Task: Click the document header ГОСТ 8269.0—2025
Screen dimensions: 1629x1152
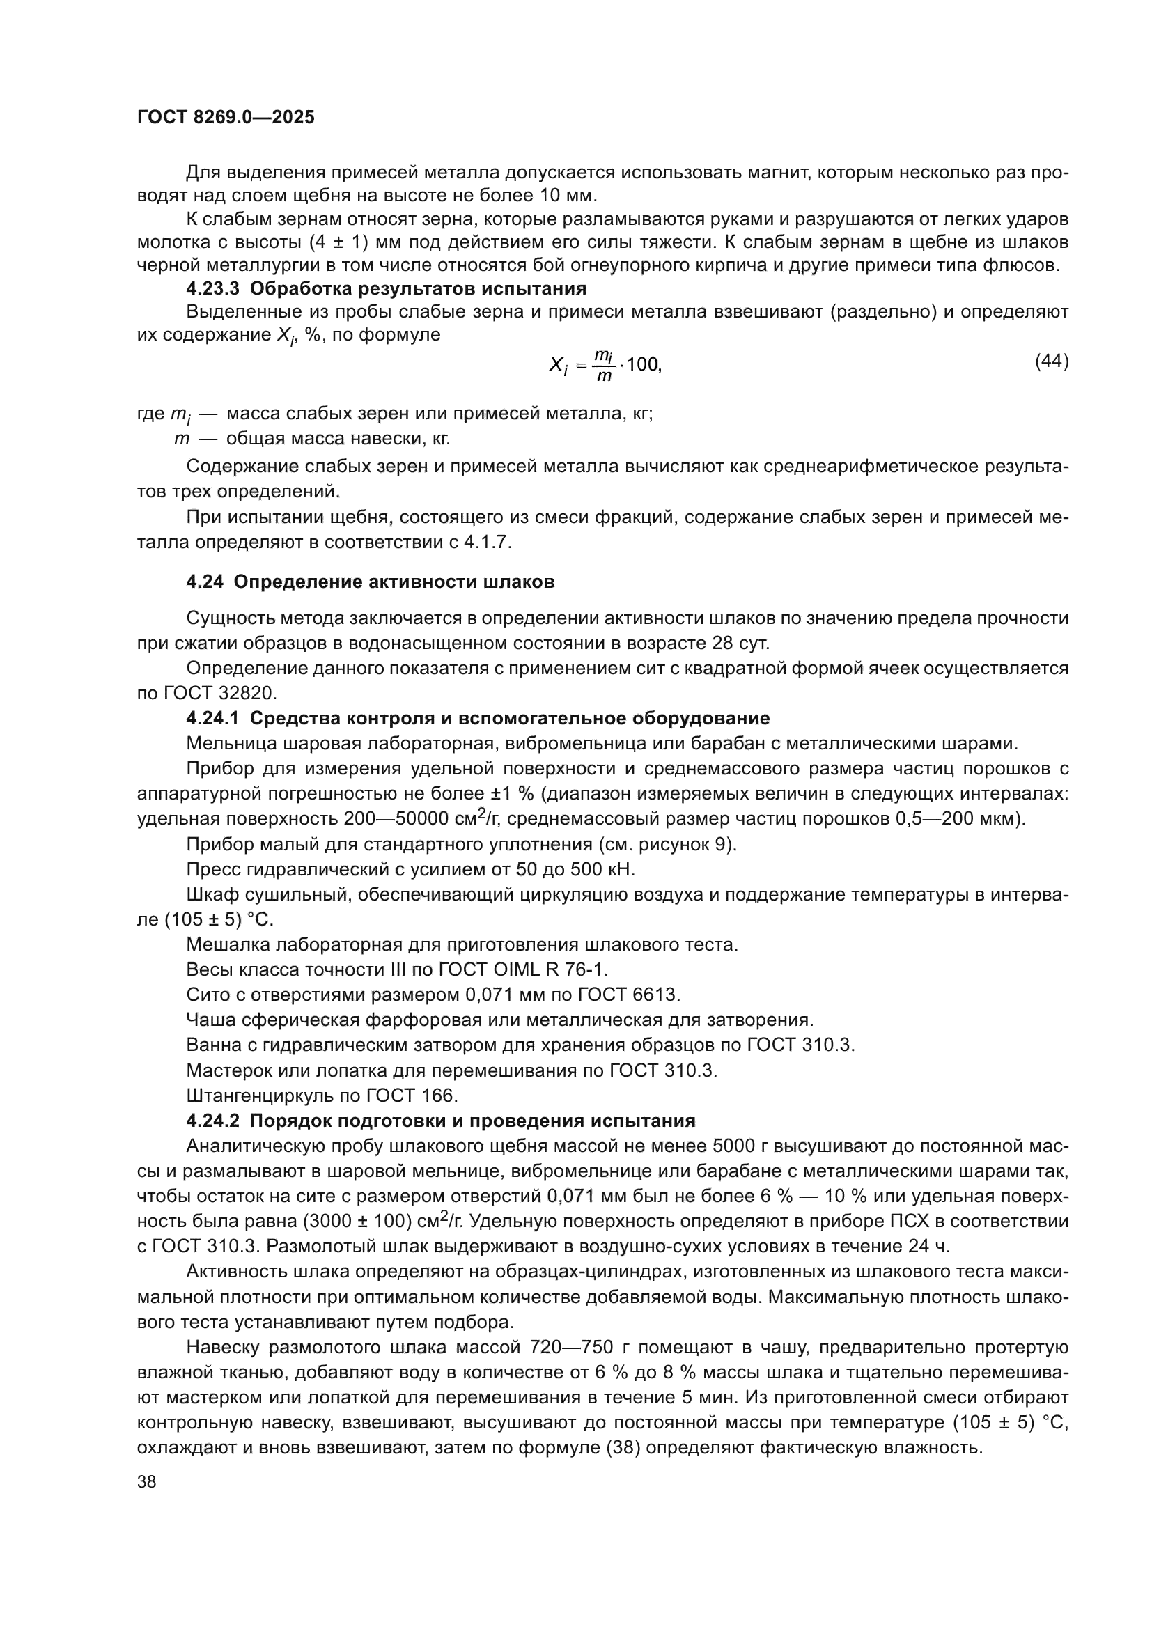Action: click(x=226, y=118)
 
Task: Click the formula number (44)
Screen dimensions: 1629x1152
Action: click(x=1051, y=362)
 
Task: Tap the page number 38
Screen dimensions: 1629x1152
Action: click(x=147, y=1481)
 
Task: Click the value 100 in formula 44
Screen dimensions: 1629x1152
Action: click(x=643, y=366)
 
